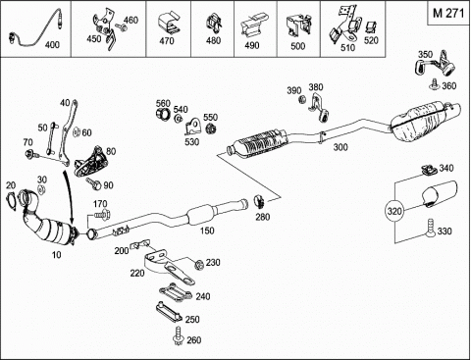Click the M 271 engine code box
[448, 13]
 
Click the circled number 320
[394, 211]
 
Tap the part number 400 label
[52, 44]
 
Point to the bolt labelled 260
[178, 335]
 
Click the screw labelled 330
[430, 229]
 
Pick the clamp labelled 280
[260, 200]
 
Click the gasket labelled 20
[12, 200]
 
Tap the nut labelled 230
[198, 264]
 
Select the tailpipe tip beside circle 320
[440, 193]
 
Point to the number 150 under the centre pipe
[207, 231]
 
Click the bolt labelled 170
[102, 215]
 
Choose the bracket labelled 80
[90, 162]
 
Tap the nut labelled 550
[210, 129]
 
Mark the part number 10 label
[57, 254]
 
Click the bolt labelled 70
[31, 153]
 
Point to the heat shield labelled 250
[168, 312]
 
